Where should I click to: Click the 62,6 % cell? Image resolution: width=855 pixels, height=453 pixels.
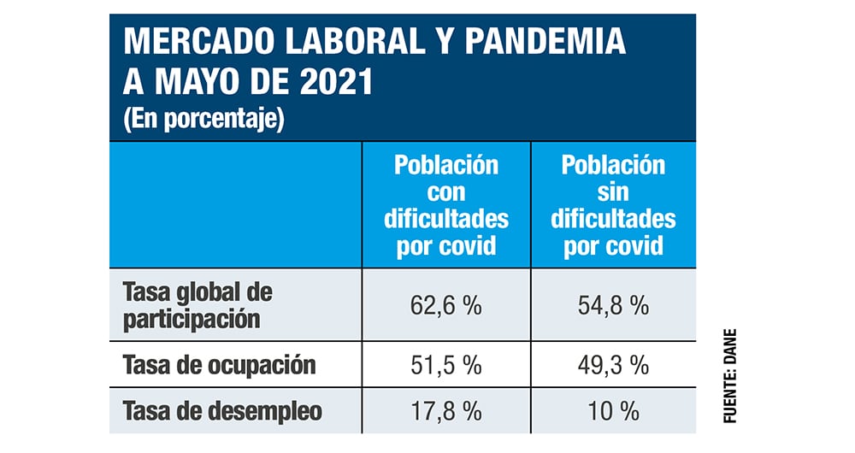[445, 306]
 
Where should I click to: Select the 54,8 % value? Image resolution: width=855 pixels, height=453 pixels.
[613, 306]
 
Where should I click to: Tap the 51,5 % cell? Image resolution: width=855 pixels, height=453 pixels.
[445, 366]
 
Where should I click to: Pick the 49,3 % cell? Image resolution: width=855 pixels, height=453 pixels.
[613, 366]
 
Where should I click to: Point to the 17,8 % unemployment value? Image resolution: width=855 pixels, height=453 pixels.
[445, 411]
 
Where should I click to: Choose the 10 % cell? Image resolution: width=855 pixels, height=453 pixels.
[613, 411]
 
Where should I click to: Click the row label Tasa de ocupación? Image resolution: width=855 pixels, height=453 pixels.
[220, 366]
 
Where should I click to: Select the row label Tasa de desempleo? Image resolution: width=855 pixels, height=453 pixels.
[223, 411]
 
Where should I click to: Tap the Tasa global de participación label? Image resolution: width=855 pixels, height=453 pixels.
[198, 305]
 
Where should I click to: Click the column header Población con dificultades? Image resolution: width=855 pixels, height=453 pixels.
[445, 205]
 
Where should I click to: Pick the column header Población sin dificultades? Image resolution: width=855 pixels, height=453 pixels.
[613, 205]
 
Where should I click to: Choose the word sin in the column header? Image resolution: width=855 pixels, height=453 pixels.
[613, 191]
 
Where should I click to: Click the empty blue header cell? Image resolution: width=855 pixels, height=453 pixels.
[235, 205]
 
